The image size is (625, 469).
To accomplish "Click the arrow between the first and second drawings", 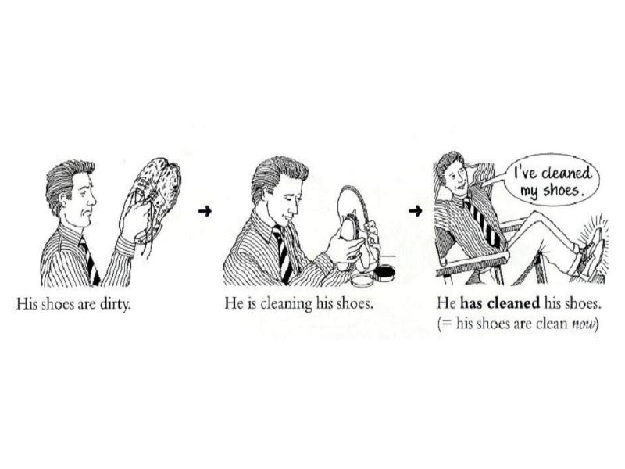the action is click(205, 211).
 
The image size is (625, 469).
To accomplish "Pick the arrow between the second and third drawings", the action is click(415, 210).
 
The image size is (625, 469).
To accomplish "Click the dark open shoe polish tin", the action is click(384, 273).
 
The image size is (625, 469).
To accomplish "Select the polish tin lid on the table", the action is click(362, 279).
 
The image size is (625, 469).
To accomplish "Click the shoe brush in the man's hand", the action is click(349, 227).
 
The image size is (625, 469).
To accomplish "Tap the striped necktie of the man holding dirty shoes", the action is click(90, 261).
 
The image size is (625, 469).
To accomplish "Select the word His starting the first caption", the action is click(27, 304).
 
